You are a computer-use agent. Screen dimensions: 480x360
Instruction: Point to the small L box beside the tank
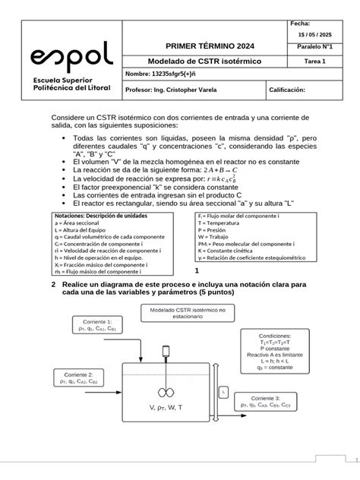click(223, 391)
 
